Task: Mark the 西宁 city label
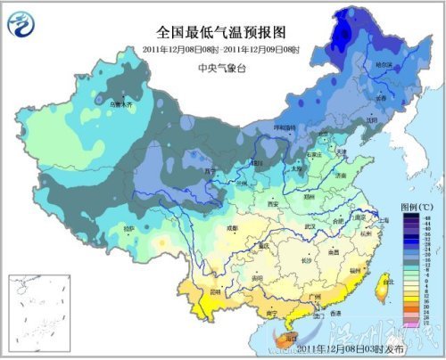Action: (x=211, y=170)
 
